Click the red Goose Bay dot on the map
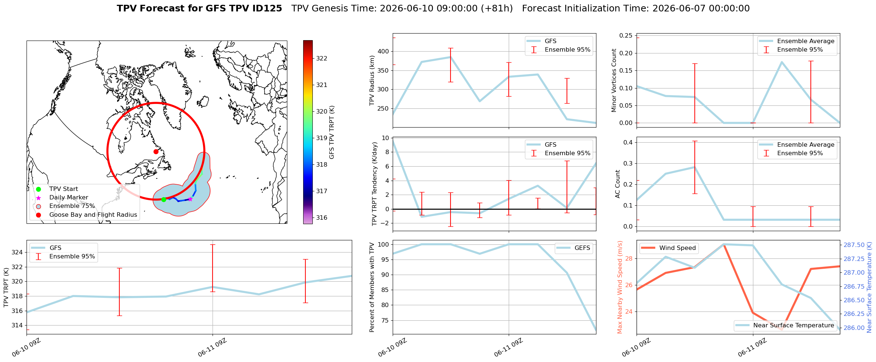[x=156, y=152]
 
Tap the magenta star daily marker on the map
[x=190, y=199]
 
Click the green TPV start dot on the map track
[x=164, y=199]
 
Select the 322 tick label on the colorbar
[x=322, y=58]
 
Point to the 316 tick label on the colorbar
[x=322, y=217]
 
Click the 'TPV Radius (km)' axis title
[x=372, y=80]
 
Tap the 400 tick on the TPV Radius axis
[x=383, y=51]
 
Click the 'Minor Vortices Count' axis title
[x=614, y=80]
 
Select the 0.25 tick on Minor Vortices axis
[x=626, y=35]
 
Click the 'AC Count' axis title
[x=618, y=184]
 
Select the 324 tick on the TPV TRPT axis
[x=17, y=252]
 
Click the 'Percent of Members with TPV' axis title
[x=372, y=287]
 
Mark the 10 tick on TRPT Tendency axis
[x=385, y=138]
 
